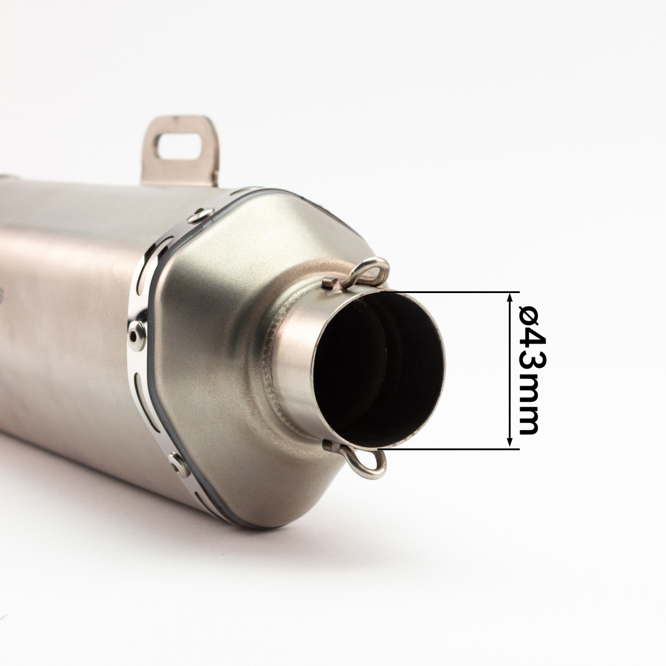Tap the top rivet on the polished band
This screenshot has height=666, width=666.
point(201,215)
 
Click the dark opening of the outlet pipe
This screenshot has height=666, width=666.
point(379,368)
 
